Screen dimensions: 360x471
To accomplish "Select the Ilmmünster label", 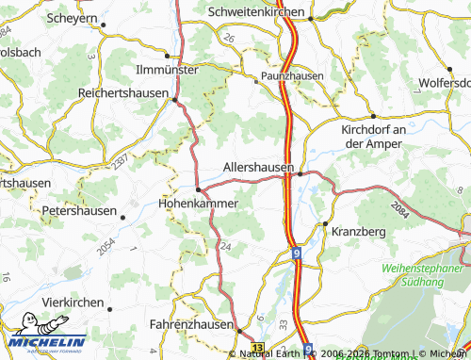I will pos(167,70).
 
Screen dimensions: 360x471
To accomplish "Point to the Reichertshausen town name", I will pos(124,93).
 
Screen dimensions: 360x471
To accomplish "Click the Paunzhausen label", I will pos(292,75).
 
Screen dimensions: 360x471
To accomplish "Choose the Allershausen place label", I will pos(258,167).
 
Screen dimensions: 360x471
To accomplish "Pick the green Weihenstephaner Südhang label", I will pos(425,274).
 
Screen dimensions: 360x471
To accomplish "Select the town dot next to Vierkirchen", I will pos(108,307).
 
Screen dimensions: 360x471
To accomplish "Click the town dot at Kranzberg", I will pos(325,223).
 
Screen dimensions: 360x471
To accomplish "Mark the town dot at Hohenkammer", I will pos(197,188).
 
